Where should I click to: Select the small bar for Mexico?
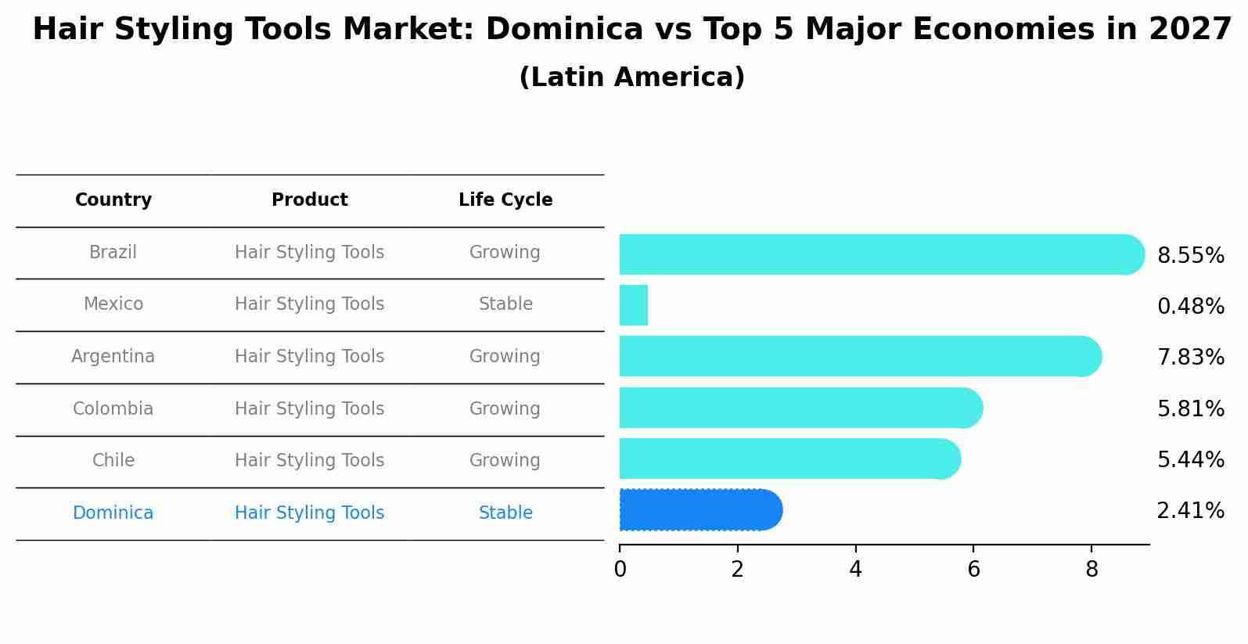634,305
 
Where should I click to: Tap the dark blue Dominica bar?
700,510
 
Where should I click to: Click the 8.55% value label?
1190,256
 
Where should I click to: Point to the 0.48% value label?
1190,307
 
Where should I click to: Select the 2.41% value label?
1190,511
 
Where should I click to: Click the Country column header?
113,200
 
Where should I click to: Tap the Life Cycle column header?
505,200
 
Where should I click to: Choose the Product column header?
309,200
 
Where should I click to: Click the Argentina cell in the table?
113,357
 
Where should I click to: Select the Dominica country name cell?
113,513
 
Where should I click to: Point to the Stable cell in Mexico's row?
505,304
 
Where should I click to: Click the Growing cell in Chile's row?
505,461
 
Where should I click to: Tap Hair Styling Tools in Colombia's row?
309,409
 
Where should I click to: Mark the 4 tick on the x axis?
855,570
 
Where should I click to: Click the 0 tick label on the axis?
620,570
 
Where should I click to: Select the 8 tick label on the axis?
1092,570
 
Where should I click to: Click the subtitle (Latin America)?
631,77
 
